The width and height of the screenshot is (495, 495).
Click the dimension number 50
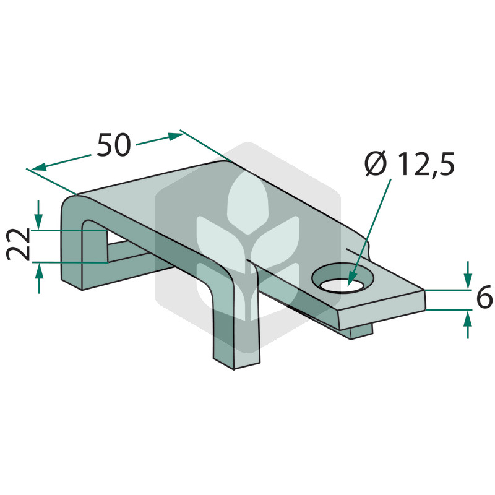pos(114,145)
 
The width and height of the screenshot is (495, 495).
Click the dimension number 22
pos(19,244)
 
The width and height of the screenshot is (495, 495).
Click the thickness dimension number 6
pos(484,296)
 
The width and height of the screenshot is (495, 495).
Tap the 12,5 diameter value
pos(426,164)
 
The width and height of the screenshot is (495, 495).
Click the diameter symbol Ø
pos(376,163)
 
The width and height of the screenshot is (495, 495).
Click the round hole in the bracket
pos(342,277)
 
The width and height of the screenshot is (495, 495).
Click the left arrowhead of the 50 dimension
pos(38,168)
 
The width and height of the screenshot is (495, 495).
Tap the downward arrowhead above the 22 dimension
pos(38,222)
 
